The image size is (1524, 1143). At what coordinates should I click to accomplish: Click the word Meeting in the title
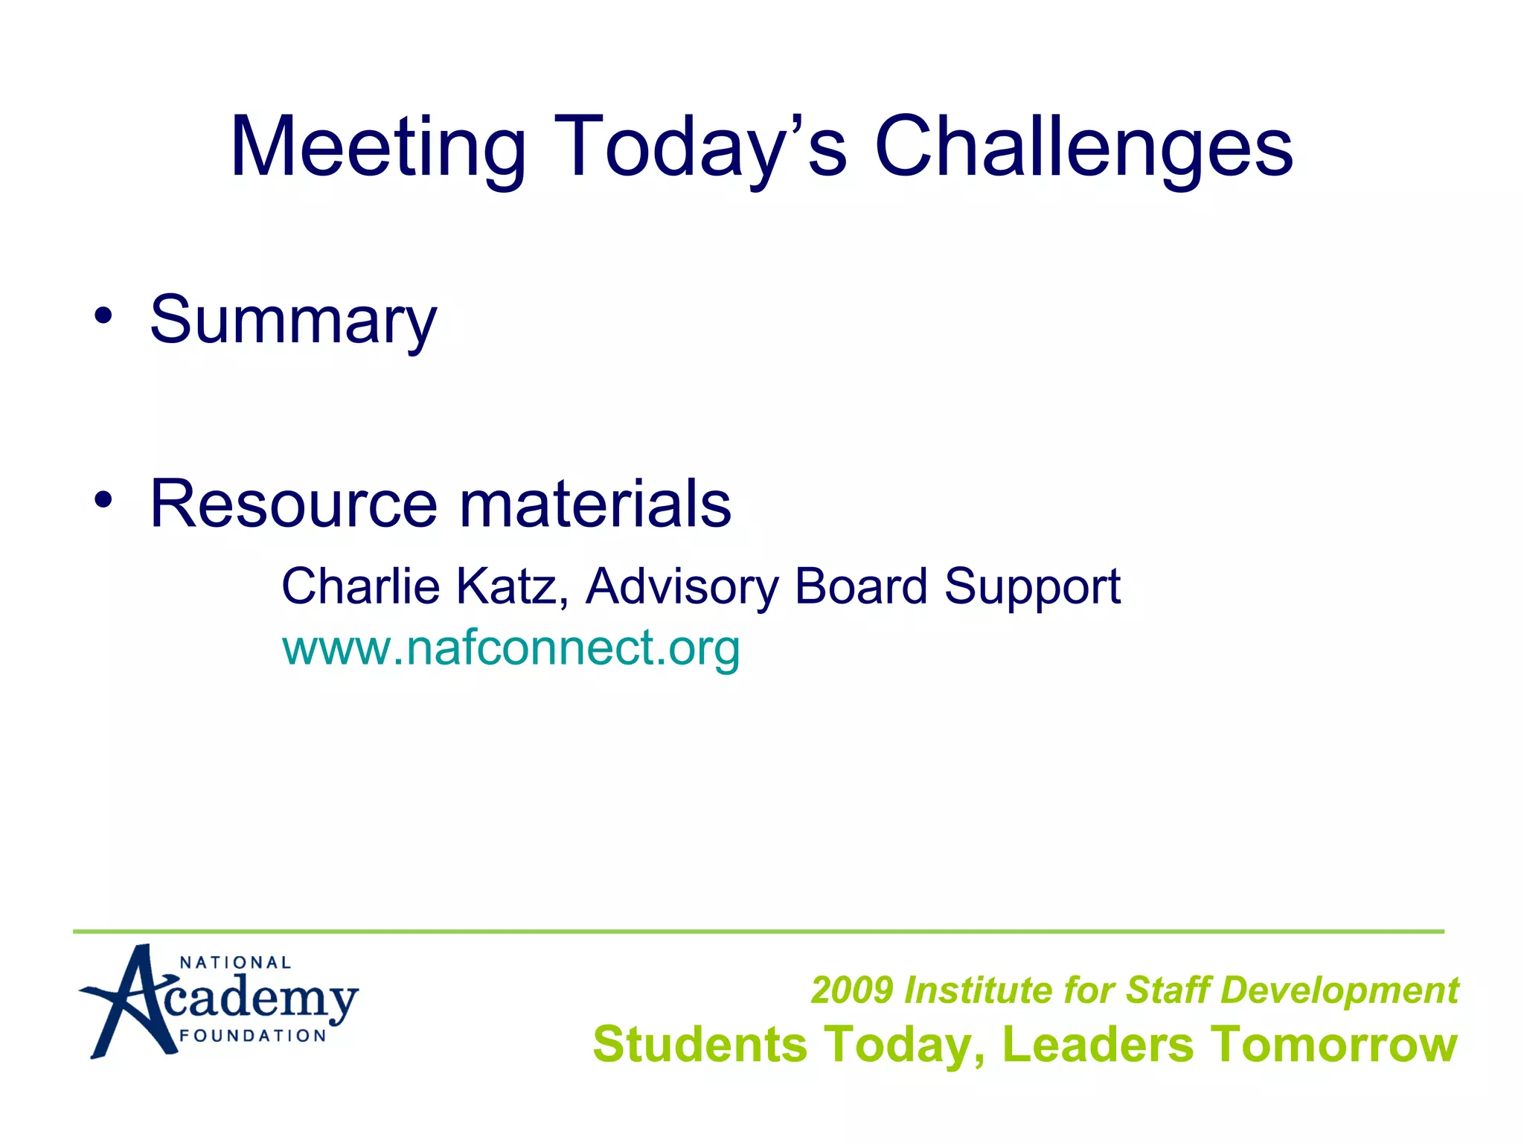378,147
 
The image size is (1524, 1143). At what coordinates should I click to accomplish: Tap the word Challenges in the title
1084,147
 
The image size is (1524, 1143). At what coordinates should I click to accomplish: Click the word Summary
293,321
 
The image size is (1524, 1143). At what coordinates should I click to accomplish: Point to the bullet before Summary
103,316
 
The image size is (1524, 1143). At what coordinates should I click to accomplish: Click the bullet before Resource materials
103,499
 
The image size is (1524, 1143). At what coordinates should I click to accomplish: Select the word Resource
293,504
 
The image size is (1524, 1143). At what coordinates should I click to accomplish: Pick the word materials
595,504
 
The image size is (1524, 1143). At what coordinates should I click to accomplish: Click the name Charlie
361,586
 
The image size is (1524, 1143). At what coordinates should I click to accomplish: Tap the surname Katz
512,586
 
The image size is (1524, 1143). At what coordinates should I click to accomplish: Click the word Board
861,586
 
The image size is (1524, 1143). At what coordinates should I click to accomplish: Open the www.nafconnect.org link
510,648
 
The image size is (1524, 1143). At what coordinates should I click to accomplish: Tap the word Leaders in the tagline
1098,1044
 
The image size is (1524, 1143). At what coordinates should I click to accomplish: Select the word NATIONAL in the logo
235,963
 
